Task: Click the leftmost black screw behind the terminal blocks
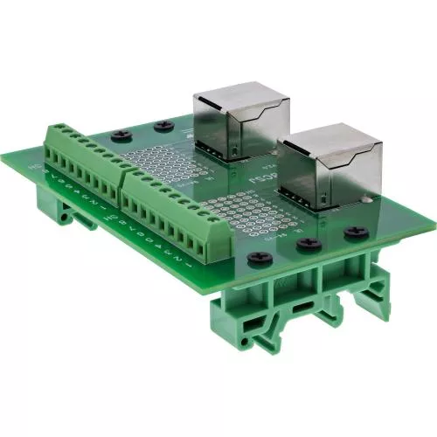tap(121, 135)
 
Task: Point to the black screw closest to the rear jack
tap(161, 127)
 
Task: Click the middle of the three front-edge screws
tap(307, 246)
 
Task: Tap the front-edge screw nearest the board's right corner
tap(355, 232)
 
